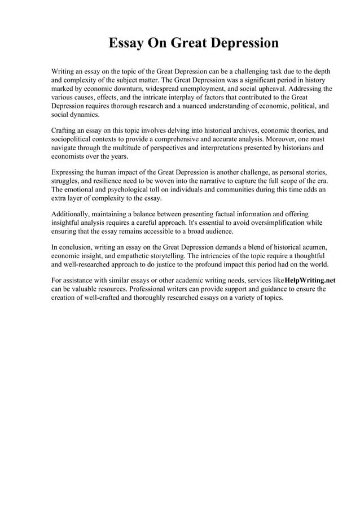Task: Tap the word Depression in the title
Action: coord(243,43)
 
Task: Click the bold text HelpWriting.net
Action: coord(310,280)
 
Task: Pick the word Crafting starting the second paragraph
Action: coord(66,130)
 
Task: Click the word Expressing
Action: coord(70,172)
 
